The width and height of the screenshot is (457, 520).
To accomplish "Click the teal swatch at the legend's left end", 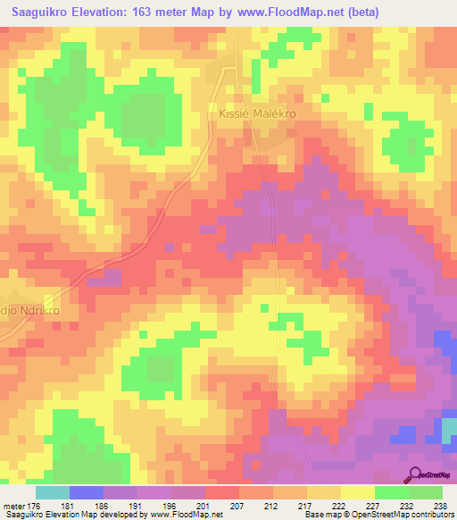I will (52, 492).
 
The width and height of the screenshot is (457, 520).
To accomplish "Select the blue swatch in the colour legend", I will (87, 492).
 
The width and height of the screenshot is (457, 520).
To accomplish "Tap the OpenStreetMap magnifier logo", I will (416, 474).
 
